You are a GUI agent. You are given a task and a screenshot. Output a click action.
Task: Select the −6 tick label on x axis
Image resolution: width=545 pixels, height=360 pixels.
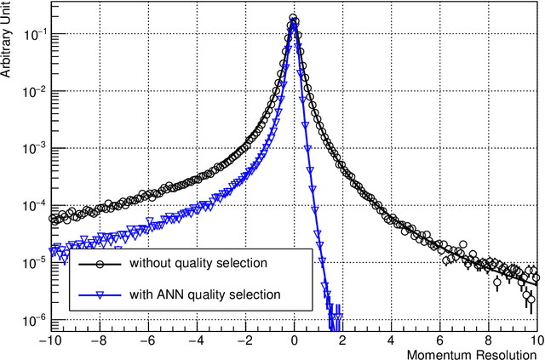click(148, 339)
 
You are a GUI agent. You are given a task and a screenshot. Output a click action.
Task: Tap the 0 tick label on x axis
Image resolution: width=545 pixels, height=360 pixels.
click(294, 339)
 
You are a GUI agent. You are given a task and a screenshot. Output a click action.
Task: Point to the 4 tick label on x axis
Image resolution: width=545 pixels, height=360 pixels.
click(391, 339)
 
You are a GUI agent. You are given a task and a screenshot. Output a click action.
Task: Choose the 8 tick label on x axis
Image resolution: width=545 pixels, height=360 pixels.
click(488, 339)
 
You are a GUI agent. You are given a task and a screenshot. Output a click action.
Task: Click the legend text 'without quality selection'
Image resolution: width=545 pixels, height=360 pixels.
click(198, 263)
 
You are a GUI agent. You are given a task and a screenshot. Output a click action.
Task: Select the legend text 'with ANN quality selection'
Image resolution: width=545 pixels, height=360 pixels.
click(204, 295)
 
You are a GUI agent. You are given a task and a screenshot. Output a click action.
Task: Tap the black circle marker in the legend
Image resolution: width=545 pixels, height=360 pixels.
click(99, 263)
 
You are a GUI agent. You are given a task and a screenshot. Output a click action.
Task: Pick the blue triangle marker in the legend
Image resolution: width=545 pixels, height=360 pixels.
click(99, 295)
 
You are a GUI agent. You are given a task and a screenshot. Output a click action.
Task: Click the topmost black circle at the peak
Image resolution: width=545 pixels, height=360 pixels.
click(294, 18)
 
